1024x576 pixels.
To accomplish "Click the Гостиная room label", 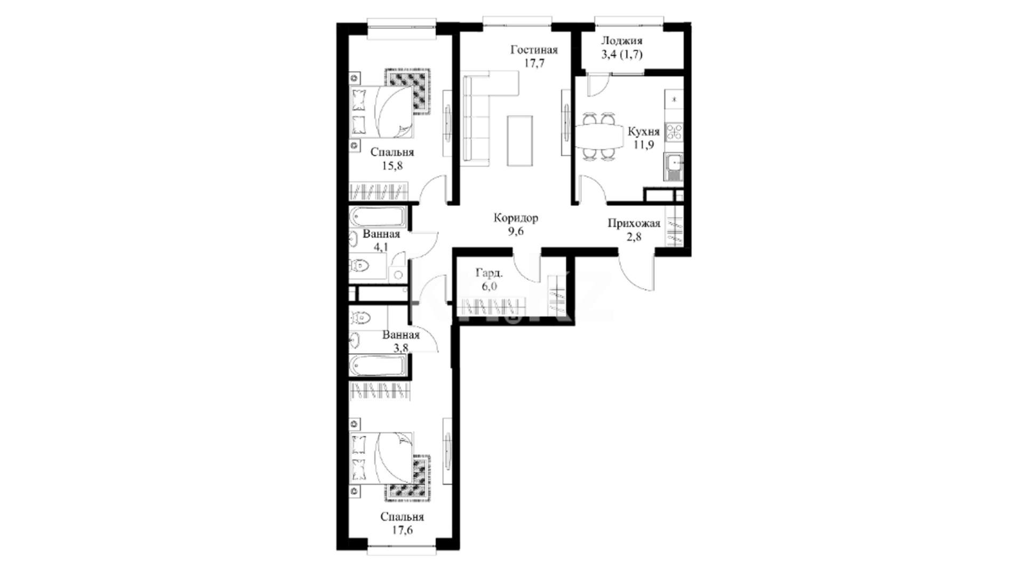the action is pyautogui.click(x=534, y=50).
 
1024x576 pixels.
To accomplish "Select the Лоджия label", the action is pyautogui.click(x=622, y=41).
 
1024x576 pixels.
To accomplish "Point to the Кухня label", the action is pyautogui.click(x=644, y=131).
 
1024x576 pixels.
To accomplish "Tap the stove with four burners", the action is pyautogui.click(x=674, y=132).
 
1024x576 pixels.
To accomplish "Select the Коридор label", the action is pyautogui.click(x=516, y=218).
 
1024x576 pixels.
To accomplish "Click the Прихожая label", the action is pyautogui.click(x=634, y=223).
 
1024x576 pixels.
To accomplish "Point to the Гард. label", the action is pyautogui.click(x=489, y=274).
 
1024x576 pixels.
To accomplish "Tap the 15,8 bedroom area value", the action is pyautogui.click(x=392, y=166).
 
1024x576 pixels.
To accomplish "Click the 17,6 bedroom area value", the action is pyautogui.click(x=402, y=530).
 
